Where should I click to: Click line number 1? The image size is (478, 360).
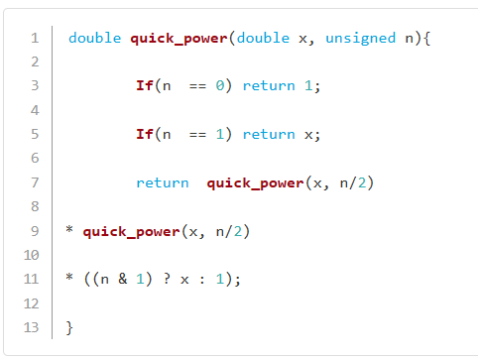pos(35,38)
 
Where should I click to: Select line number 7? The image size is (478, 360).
pos(35,182)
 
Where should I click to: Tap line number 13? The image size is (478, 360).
pos(32,327)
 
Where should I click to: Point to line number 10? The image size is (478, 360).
pos(32,255)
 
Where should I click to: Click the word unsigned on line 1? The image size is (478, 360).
pos(361,39)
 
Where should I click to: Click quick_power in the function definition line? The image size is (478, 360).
pos(179,39)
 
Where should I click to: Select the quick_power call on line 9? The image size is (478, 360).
pos(131,232)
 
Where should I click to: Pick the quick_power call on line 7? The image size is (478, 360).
pos(255,183)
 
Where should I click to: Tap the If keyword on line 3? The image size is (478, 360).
pos(145,85)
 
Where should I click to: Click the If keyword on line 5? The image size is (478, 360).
pos(145,134)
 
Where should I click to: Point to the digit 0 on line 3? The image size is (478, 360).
pos(220,85)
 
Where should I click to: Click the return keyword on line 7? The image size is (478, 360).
pos(163,182)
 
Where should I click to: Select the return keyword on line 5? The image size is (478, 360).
pos(269,135)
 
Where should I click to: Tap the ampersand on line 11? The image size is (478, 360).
pos(123,279)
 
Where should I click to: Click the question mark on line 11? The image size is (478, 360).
pos(167,279)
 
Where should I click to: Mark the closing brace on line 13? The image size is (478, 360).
pos(69,328)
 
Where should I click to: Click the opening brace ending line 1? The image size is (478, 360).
pos(426,39)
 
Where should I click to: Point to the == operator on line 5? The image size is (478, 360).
pos(197,135)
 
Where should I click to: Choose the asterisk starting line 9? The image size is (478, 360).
pos(69,229)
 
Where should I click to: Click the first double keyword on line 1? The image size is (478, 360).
pos(95,38)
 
